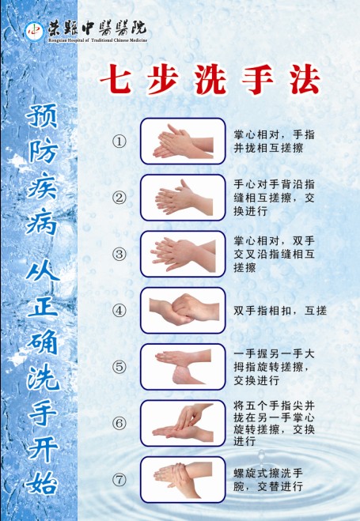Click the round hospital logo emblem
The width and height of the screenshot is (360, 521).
click(34, 32)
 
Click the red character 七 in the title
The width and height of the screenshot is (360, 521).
click(116, 79)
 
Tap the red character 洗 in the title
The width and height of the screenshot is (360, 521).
click(210, 79)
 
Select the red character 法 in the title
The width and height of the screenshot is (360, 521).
click(305, 79)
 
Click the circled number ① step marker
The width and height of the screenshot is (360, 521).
click(119, 142)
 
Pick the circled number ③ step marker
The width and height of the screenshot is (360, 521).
click(119, 255)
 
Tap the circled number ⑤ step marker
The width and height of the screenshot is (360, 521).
click(119, 367)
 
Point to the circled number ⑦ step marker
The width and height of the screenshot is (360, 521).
click(119, 480)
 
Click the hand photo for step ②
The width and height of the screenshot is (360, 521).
click(183, 198)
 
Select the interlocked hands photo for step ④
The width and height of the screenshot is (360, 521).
click(183, 311)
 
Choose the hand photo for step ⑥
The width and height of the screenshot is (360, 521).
click(183, 423)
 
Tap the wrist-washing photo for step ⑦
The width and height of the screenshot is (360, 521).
click(183, 479)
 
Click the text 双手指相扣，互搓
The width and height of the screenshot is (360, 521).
click(280, 311)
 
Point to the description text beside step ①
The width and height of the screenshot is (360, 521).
click(274, 142)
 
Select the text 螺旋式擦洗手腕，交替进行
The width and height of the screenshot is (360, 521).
click(268, 480)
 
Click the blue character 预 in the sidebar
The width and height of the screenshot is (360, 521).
click(43, 116)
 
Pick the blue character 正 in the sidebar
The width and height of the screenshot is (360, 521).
click(43, 304)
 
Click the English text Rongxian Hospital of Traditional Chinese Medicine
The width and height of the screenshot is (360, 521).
click(98, 40)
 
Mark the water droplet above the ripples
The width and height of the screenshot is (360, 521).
click(262, 458)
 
